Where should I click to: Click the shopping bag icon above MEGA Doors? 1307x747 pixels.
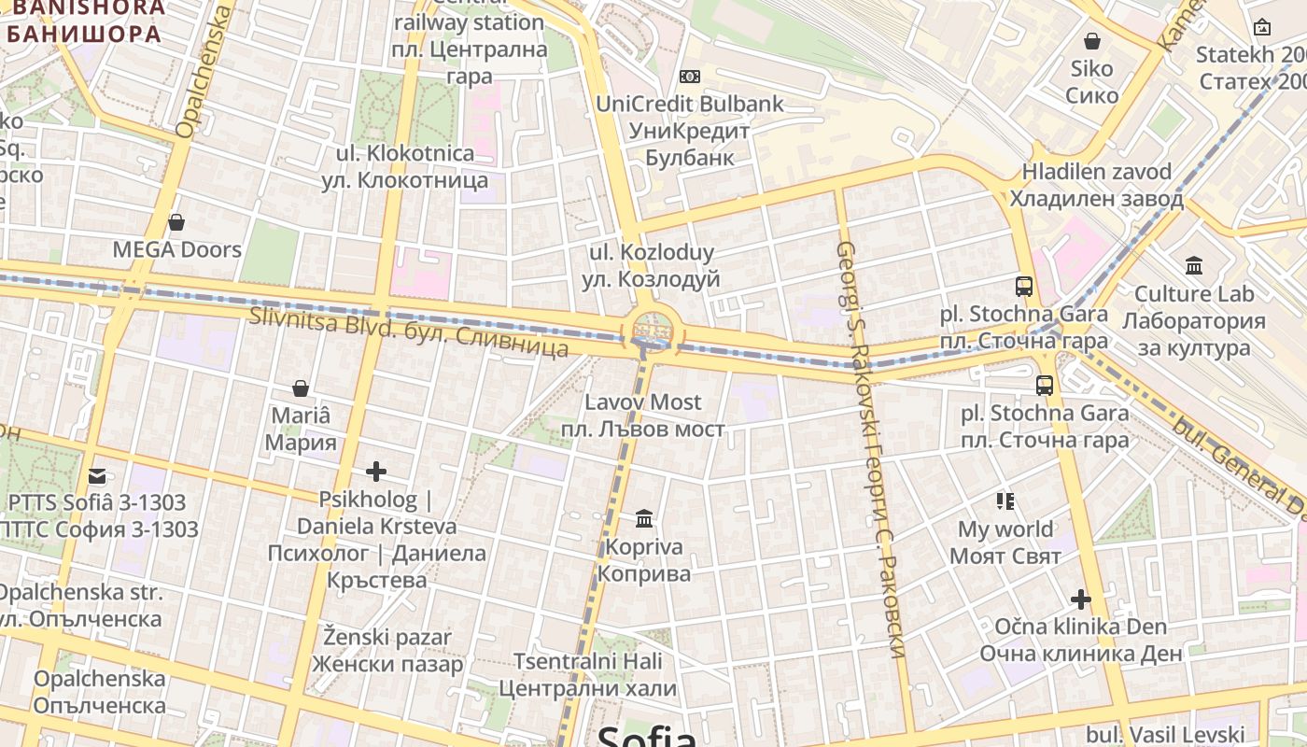coord(176,222)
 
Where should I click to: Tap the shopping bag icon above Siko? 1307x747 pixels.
coord(1091,41)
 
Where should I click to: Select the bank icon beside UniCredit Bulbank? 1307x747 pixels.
coord(690,76)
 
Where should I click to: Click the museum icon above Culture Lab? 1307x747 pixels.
coord(1194,266)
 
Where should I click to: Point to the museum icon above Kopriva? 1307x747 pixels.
coord(644,518)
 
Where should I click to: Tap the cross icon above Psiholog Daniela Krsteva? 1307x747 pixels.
coord(376,472)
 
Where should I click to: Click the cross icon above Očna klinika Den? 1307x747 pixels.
coord(1081,599)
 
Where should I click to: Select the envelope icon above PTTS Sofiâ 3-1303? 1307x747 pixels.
coord(97,476)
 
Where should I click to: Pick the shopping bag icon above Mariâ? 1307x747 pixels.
coord(301,388)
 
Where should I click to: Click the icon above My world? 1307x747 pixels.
coord(1005,501)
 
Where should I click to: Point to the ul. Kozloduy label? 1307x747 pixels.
coord(652,265)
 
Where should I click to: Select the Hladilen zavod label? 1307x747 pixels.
coord(1096,185)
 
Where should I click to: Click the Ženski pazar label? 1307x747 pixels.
coord(387,651)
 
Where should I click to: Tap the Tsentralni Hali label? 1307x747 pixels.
coord(587,675)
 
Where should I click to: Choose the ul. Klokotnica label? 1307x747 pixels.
coord(405,166)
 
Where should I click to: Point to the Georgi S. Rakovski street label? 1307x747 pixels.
coord(872,448)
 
